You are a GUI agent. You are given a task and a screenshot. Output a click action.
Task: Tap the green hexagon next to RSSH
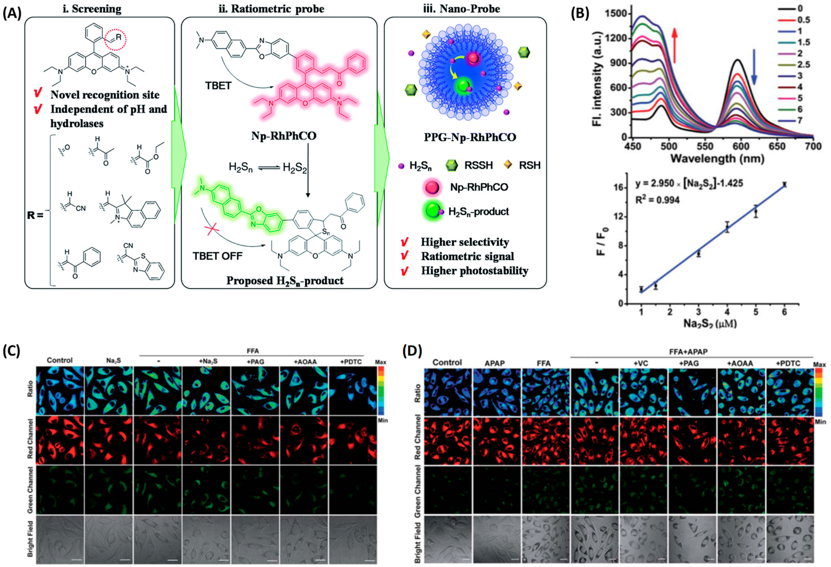(x=452, y=165)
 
